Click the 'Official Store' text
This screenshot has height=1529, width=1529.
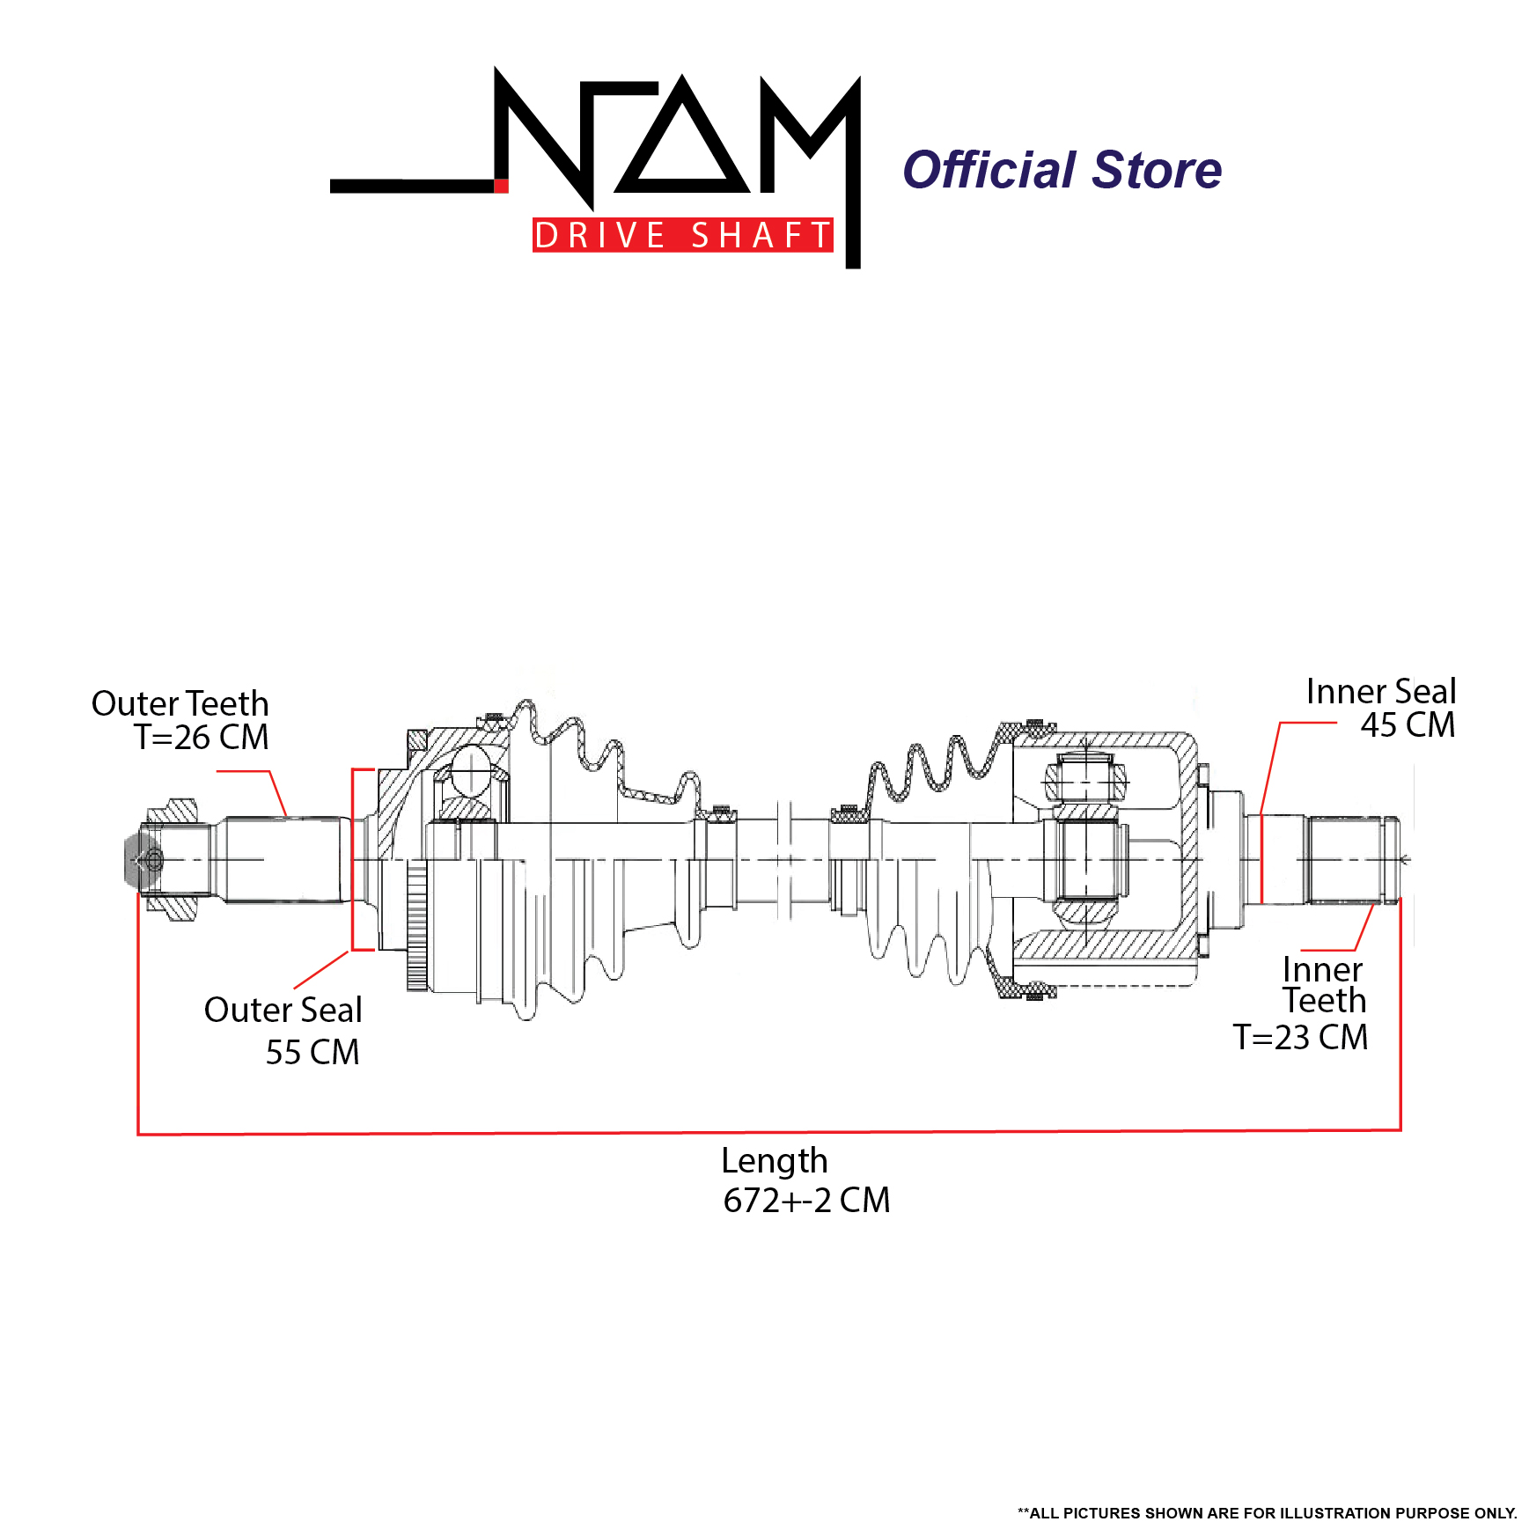(1062, 170)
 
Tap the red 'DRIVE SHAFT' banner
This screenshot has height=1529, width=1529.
(682, 235)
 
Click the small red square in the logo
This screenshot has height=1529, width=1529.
(501, 185)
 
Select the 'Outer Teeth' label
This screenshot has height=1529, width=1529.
(180, 703)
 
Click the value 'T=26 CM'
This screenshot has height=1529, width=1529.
(201, 737)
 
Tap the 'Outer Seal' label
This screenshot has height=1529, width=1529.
(283, 1010)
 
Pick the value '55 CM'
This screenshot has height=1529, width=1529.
(312, 1052)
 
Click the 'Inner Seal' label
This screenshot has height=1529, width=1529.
(1380, 691)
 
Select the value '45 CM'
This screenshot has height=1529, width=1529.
(1408, 724)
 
